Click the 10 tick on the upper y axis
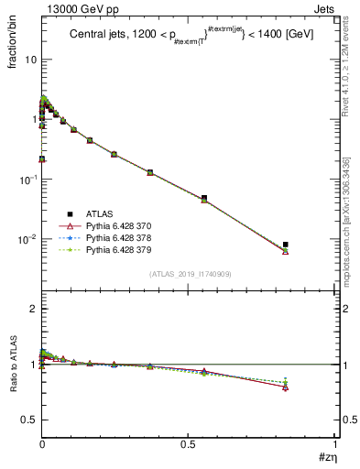click(x=30, y=60)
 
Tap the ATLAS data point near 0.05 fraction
click(x=204, y=198)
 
